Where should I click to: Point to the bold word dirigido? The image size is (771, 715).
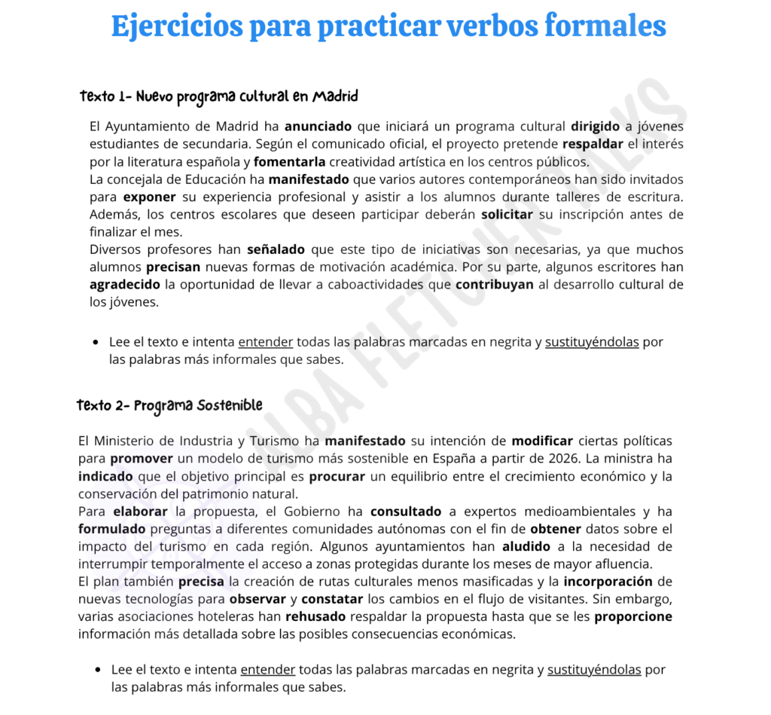point(595,127)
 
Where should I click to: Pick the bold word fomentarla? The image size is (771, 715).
point(290,162)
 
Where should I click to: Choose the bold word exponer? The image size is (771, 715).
point(149,197)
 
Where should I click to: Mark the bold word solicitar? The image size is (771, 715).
point(507,215)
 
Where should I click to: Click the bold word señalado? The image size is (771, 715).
point(276,249)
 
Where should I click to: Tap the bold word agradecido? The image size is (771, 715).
point(125,285)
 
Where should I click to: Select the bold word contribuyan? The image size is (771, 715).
point(495,285)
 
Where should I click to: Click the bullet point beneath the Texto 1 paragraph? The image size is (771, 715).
point(96,343)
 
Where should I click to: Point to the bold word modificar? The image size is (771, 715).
point(542,441)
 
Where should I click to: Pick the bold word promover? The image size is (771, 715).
point(142,459)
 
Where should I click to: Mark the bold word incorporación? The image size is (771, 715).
point(608,582)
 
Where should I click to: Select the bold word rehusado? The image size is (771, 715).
point(315,616)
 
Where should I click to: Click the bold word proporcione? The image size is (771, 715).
point(633,616)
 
